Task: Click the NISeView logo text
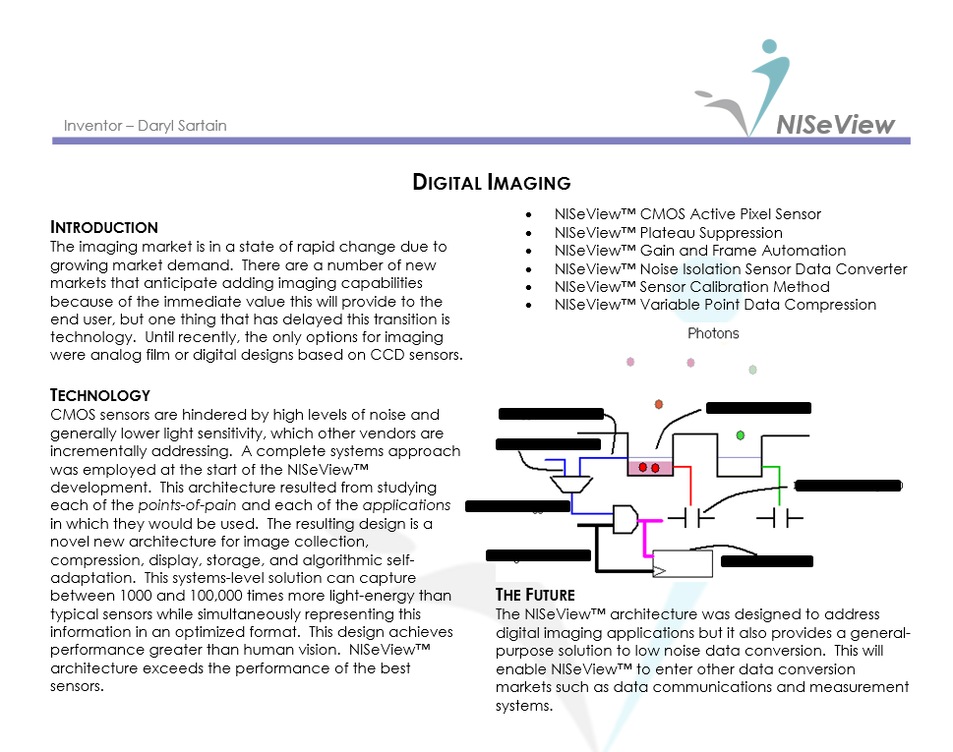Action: [x=835, y=125]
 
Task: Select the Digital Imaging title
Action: [x=491, y=182]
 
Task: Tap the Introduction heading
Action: [x=103, y=227]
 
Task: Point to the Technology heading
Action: [x=99, y=395]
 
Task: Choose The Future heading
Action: [x=535, y=595]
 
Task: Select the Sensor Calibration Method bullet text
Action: [x=691, y=287]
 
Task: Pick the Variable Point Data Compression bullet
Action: [x=714, y=305]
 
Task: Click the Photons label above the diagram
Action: [x=713, y=333]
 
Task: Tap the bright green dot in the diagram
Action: [x=740, y=434]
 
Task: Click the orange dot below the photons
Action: [x=659, y=404]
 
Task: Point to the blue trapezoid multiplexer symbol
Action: [x=570, y=484]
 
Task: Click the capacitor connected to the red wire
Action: [x=691, y=515]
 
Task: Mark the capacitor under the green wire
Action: [x=779, y=515]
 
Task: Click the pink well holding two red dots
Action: [x=648, y=468]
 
